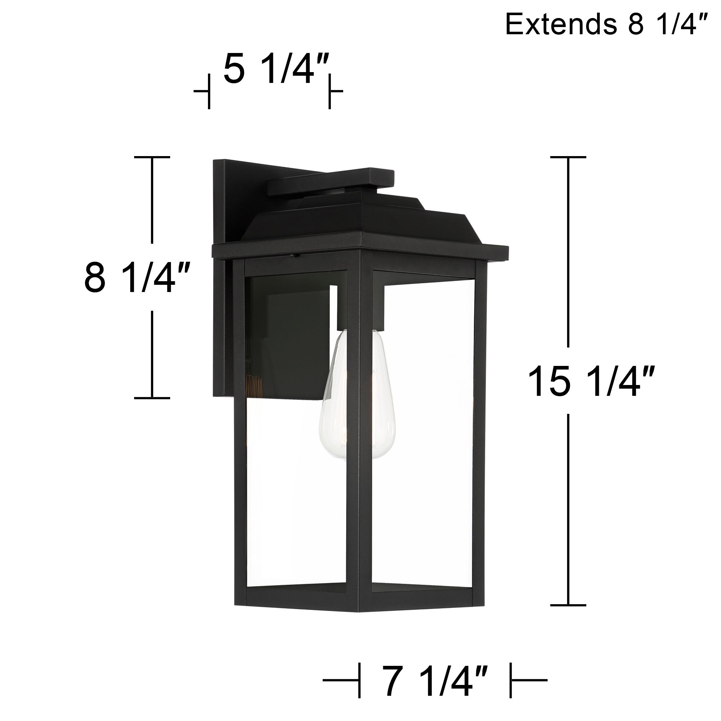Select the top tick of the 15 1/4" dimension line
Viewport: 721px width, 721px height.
tap(568, 157)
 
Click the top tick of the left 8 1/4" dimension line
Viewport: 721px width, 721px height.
tap(152, 157)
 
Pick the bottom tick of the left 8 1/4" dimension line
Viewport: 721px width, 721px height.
tap(152, 398)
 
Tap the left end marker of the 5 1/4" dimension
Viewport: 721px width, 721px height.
tap(209, 91)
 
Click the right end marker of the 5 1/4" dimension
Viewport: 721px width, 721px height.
tap(329, 91)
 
